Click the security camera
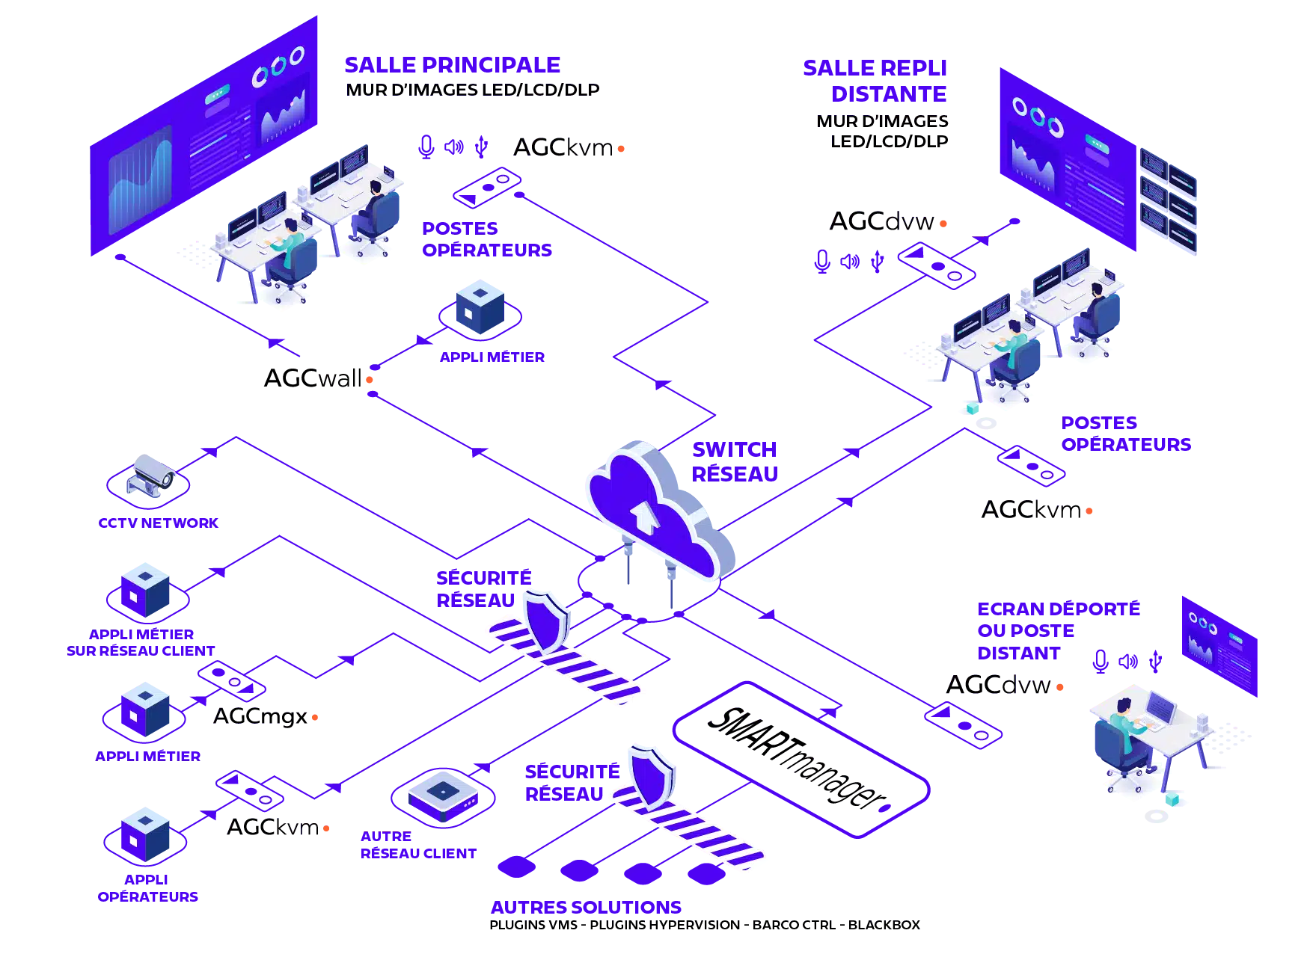pyautogui.click(x=154, y=473)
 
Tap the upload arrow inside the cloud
pyautogui.click(x=642, y=517)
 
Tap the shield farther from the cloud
pyautogui.click(x=651, y=773)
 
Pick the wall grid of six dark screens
pyautogui.click(x=1168, y=200)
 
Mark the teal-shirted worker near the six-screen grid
pyautogui.click(x=1014, y=344)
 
